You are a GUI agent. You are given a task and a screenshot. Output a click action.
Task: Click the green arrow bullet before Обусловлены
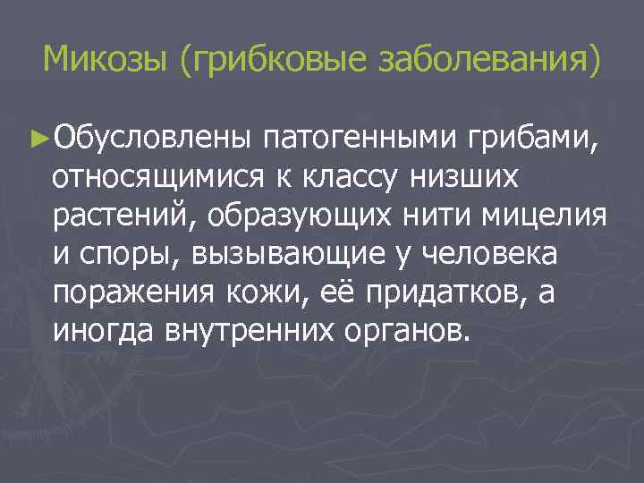coord(37,139)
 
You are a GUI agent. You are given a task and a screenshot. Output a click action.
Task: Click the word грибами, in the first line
coord(532,139)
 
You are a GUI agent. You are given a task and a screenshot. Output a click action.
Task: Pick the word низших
coord(464,177)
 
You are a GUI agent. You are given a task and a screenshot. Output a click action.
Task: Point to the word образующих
coord(299,216)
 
